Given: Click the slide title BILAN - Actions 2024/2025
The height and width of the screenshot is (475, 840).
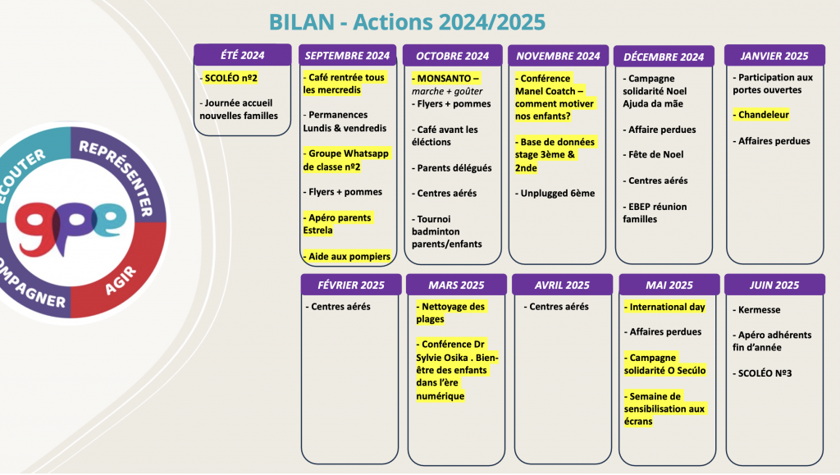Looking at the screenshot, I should (407, 21).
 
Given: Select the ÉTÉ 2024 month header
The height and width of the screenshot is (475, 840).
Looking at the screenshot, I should (242, 56).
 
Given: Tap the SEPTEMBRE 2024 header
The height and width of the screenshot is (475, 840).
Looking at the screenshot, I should (347, 56).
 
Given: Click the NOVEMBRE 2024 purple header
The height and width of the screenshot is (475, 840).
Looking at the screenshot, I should (558, 56).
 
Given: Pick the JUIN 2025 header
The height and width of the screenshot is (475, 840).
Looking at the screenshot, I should (774, 285).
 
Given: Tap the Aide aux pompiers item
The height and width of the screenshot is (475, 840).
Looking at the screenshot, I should (348, 257).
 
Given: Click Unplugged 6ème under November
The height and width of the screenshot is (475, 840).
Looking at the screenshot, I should (554, 194).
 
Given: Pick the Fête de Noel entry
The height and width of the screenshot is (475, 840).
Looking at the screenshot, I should (655, 154).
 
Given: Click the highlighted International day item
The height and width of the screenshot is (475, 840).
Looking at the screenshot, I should (666, 307).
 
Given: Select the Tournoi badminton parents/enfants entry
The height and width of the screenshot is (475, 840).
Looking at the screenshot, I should (448, 231).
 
